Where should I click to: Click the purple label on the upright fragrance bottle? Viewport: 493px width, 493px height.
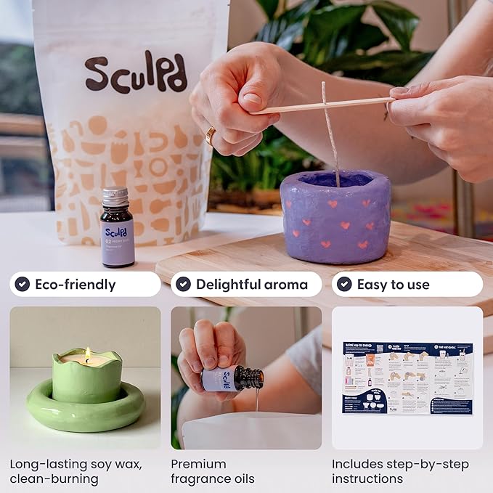coord(118,240)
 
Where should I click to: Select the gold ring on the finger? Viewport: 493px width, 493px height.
coord(210,136)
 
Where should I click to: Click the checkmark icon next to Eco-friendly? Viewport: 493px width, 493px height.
coord(23,284)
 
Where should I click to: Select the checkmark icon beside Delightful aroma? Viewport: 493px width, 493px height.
coord(184,284)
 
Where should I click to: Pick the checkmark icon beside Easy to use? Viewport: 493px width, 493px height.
coord(345,284)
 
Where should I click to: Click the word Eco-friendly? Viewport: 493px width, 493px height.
coord(76,285)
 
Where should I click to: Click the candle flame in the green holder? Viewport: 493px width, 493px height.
coord(88,354)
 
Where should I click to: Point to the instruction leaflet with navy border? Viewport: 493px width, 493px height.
coord(407,378)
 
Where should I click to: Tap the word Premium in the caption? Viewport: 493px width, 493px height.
coord(198,464)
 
